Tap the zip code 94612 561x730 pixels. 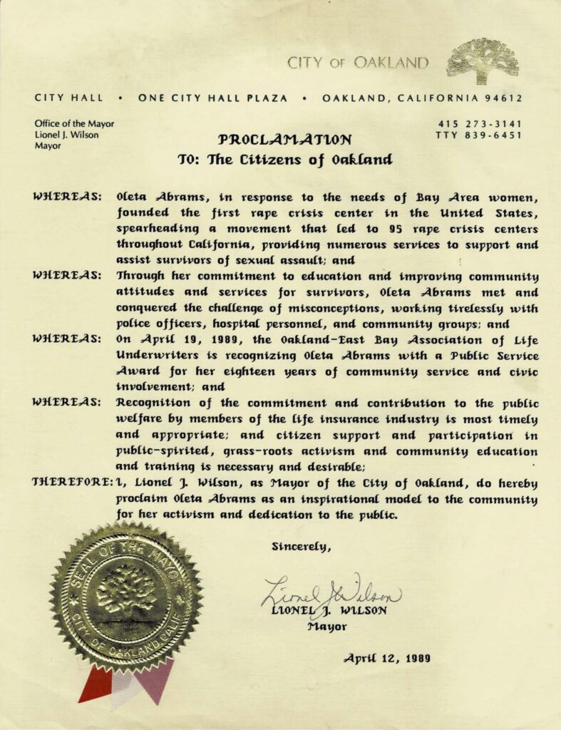click(x=503, y=98)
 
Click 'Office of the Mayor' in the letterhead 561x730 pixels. click(x=74, y=123)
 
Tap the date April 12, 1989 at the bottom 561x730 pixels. click(x=387, y=658)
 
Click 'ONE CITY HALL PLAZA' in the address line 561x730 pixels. click(x=214, y=98)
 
